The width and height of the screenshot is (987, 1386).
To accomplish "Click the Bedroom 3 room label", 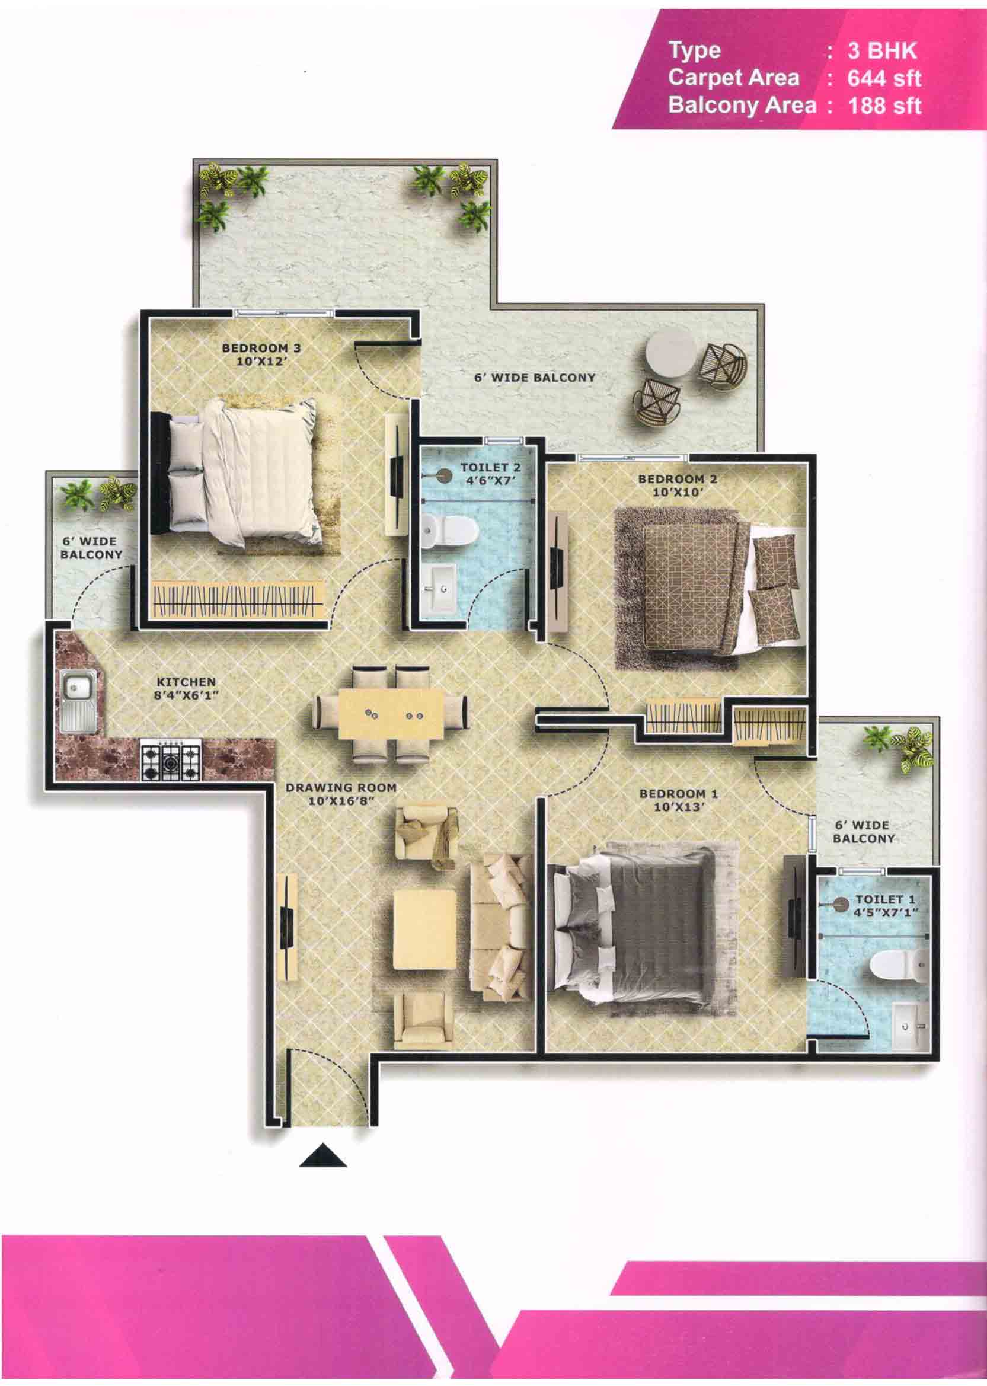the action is coord(261,348).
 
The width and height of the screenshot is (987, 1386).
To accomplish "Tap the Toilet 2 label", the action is coord(490,467).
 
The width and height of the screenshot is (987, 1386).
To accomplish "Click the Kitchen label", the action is coord(186,682).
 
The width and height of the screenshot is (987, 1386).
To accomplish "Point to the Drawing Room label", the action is coord(341,787).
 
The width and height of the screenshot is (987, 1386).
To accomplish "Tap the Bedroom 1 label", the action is coord(679,794).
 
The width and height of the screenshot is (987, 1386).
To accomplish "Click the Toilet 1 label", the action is coord(886,899).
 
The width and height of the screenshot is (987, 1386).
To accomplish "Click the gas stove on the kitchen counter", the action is coord(171,759).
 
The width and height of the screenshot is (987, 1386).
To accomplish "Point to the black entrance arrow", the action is coord(322,1155).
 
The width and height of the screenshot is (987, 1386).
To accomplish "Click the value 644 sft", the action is coord(884,78).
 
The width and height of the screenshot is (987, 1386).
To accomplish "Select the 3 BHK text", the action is coord(882,50).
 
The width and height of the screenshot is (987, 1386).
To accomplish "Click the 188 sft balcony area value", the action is coord(884,106).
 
